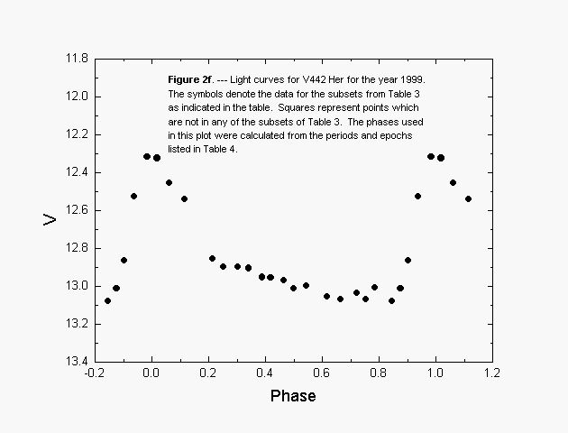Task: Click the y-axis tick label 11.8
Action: click(x=76, y=59)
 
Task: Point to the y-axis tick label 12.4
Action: click(x=76, y=172)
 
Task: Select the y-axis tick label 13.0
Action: click(x=76, y=286)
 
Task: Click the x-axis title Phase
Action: click(x=293, y=396)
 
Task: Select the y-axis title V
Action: click(x=51, y=218)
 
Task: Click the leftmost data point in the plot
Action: click(x=107, y=300)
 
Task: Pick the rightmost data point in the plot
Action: click(x=468, y=198)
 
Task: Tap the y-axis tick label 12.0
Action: click(x=76, y=97)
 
